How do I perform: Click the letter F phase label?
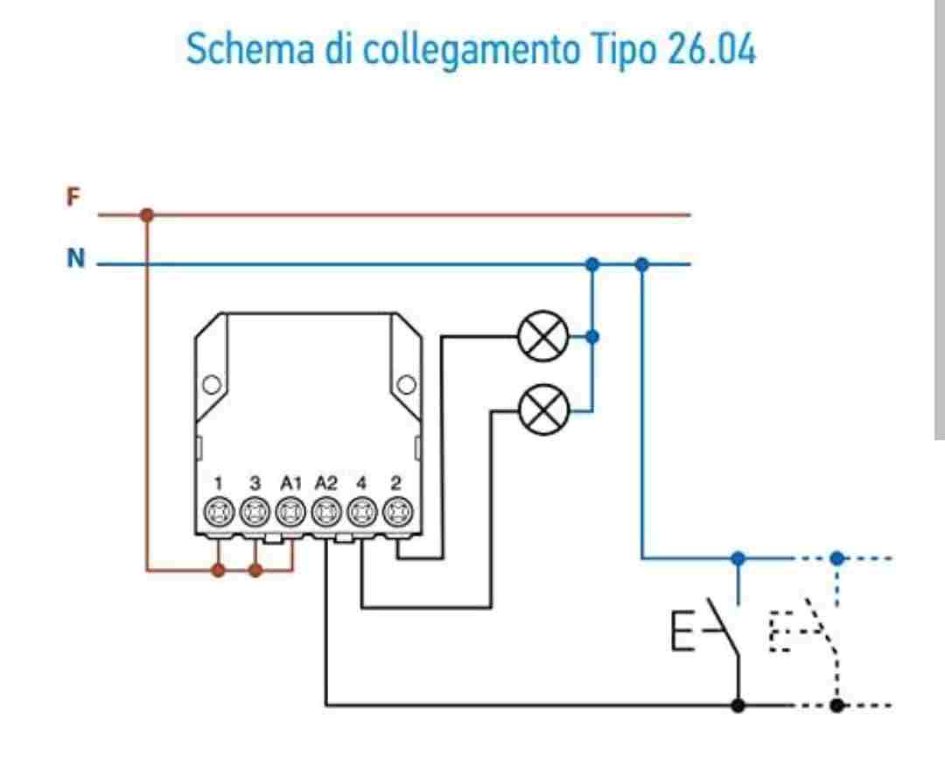tap(73, 197)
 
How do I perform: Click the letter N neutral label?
tap(75, 258)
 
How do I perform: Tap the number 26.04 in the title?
tap(711, 49)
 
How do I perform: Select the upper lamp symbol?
tap(543, 336)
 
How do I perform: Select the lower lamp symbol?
tap(543, 410)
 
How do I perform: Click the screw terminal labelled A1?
tap(290, 512)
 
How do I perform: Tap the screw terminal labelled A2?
tap(326, 512)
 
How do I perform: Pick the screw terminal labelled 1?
tap(219, 512)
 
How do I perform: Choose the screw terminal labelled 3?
tap(255, 512)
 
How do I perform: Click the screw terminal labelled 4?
tap(361, 512)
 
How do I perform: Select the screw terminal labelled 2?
tap(397, 512)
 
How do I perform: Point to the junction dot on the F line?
tap(146, 214)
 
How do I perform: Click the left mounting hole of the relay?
tap(212, 384)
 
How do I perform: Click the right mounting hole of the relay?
tap(406, 384)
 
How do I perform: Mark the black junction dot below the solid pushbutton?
tap(738, 705)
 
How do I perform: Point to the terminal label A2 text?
tap(325, 483)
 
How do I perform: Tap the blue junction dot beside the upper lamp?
tap(592, 336)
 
